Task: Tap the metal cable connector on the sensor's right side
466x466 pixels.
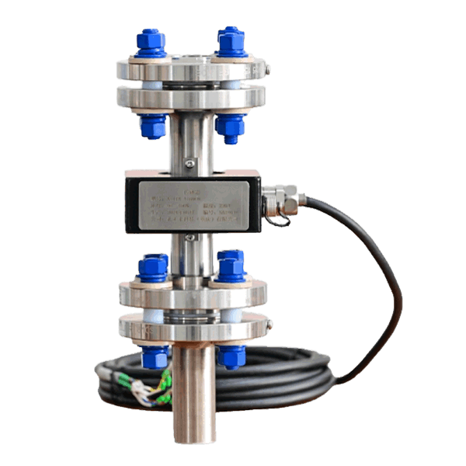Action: [282, 200]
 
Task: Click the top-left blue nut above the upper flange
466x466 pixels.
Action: [151, 43]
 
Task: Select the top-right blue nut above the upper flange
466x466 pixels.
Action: [231, 41]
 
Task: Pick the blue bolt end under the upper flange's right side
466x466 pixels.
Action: [230, 127]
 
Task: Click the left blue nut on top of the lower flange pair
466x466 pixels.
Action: [153, 267]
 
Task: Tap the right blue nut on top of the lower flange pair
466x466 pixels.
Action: [231, 266]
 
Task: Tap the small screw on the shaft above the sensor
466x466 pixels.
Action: [189, 162]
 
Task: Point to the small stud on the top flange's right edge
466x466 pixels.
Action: [268, 70]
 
